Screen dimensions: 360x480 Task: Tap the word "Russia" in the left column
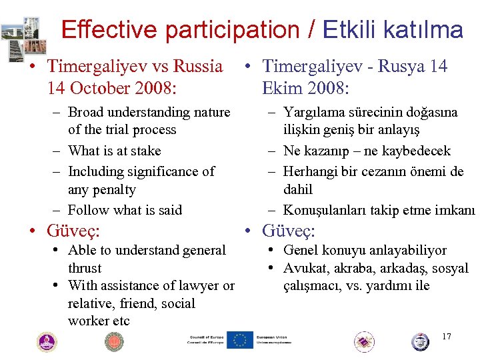[198, 66]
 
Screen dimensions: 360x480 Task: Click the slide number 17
[446, 336]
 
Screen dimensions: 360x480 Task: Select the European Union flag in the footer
[239, 340]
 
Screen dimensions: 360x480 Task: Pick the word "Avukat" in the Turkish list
[303, 269]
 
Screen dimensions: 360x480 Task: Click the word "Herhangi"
[310, 171]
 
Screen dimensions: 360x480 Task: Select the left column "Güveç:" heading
[73, 231]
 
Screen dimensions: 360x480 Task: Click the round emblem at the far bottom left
[46, 342]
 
